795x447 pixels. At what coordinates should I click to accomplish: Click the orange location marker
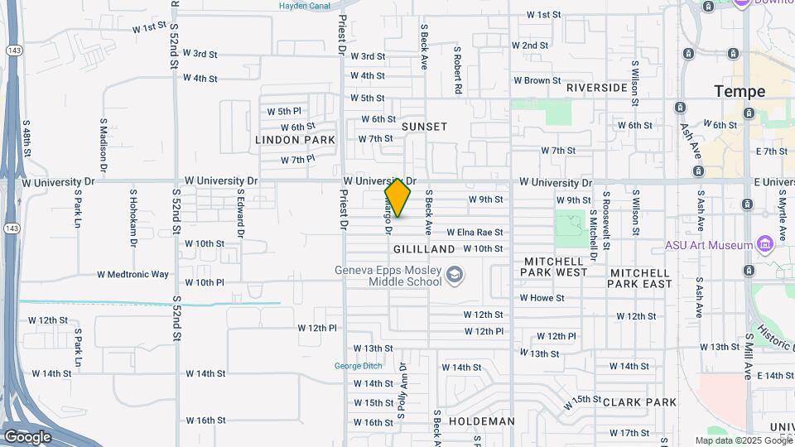[x=397, y=198]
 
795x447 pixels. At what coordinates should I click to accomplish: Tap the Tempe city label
[x=740, y=91]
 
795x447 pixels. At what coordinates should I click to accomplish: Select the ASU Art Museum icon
[x=764, y=245]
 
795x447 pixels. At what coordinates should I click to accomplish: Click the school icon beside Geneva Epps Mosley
[x=454, y=274]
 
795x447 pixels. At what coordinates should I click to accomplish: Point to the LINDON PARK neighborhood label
[x=296, y=140]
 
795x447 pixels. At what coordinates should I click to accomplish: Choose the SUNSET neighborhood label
[x=424, y=127]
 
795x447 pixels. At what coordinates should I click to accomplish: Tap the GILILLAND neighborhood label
[x=424, y=249]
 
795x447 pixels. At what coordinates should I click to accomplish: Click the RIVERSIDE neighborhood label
[x=596, y=87]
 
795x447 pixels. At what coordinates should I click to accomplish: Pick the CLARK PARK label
[x=640, y=402]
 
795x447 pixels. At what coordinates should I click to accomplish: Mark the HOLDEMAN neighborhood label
[x=481, y=421]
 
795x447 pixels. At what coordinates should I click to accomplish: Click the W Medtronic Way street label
[x=132, y=274]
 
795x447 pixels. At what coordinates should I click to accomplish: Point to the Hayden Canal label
[x=305, y=5]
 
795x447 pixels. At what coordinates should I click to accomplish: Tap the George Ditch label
[x=358, y=367]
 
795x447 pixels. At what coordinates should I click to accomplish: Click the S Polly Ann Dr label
[x=403, y=390]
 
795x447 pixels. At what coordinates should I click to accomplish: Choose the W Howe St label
[x=542, y=298]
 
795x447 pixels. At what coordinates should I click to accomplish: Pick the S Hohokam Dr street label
[x=132, y=218]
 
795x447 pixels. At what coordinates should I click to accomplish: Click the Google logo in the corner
[x=27, y=437]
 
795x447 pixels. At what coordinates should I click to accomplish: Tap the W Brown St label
[x=537, y=81]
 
